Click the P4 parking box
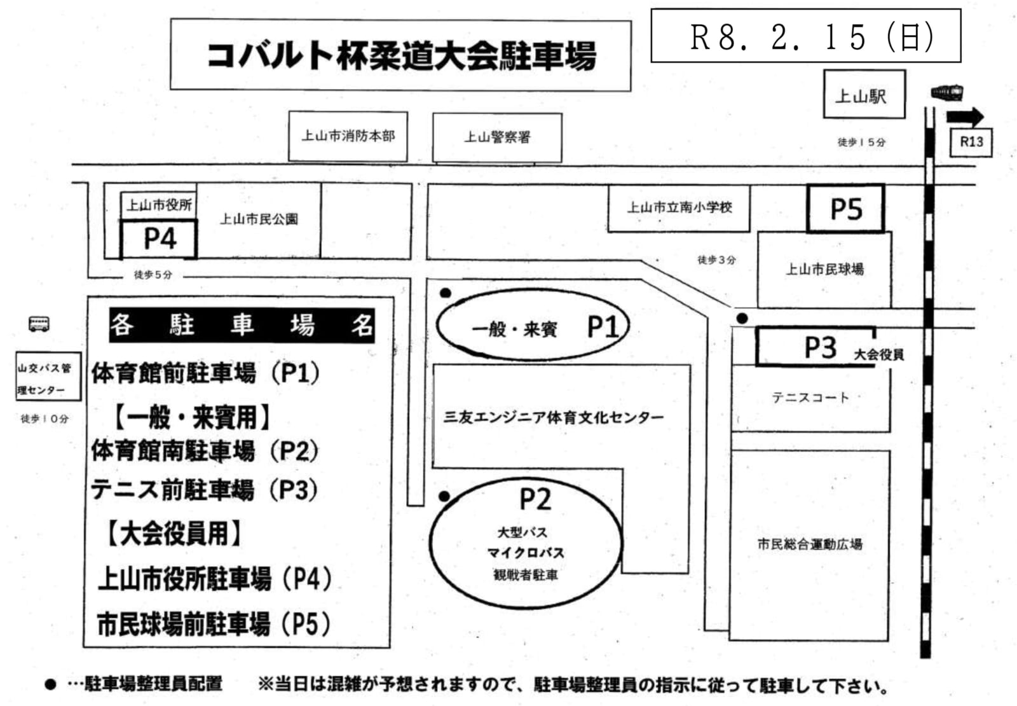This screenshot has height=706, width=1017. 159,239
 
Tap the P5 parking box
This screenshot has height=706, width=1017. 845,209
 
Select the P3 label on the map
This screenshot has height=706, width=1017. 820,347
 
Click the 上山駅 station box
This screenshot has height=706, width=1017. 864,95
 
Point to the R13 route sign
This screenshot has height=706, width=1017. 971,142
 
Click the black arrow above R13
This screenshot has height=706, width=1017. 965,116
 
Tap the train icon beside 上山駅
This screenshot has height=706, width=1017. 946,93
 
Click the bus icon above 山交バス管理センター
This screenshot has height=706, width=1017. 39,324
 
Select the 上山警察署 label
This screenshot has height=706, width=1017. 497,137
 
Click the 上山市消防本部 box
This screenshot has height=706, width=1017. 348,136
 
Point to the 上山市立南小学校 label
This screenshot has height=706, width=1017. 679,207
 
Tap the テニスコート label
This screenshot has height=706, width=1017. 810,398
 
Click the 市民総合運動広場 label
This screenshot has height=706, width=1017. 810,544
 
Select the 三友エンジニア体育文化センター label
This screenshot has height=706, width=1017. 553,417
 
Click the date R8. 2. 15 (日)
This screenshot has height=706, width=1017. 805,36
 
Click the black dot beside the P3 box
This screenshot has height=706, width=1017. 742,318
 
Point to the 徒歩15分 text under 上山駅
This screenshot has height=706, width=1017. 861,142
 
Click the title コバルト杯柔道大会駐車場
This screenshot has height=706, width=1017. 400,55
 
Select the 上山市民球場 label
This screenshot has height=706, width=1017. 824,269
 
